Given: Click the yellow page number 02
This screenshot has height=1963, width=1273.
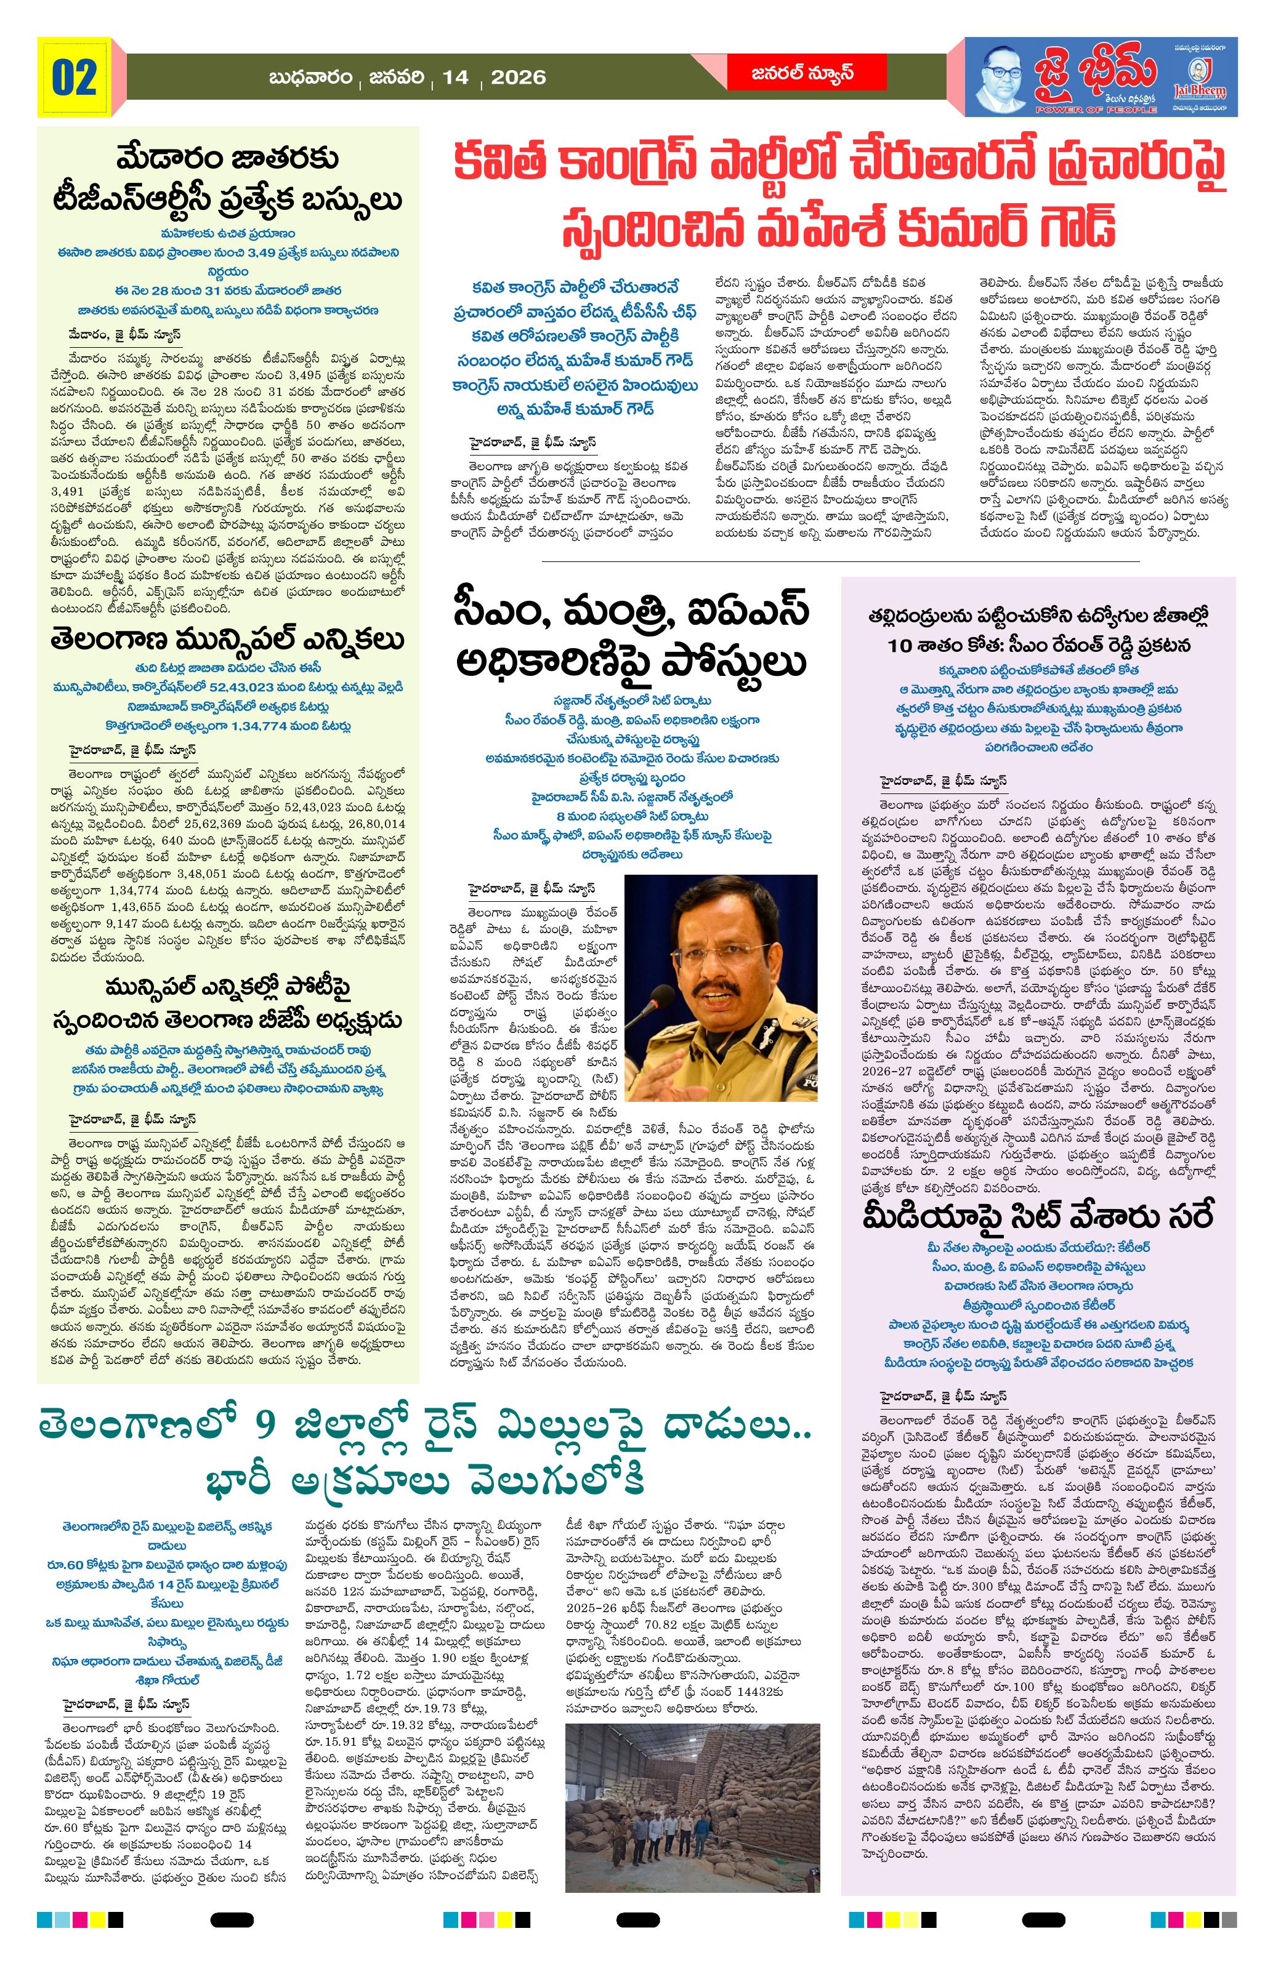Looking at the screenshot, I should tap(75, 78).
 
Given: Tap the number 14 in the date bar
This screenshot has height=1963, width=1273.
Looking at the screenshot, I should tap(455, 78).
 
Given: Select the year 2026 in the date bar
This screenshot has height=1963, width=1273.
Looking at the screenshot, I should tap(518, 78).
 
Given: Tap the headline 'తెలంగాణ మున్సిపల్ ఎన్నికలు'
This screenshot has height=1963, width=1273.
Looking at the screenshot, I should tap(228, 641).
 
